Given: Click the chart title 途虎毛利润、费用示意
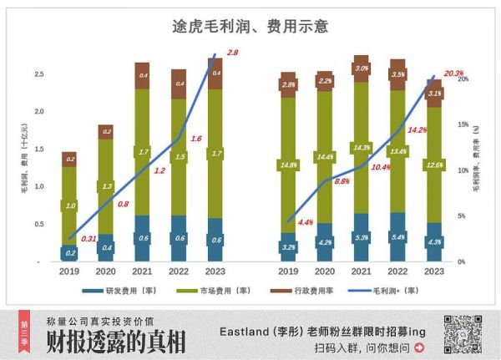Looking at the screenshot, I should click(250, 26).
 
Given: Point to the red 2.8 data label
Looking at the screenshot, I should click(232, 53).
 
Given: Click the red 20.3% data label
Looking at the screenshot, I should click(453, 74).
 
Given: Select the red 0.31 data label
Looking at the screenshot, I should click(89, 239).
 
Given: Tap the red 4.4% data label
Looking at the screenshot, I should click(305, 222).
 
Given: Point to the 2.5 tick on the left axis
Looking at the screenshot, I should click(38, 74).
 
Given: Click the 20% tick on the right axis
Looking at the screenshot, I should click(463, 79).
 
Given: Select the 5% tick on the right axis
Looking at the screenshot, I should click(463, 216).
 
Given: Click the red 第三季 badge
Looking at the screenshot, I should click(24, 332).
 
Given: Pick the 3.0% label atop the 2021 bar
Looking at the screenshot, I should click(362, 68).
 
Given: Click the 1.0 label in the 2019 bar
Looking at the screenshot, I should click(70, 205).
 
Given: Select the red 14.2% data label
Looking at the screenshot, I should click(417, 130).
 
